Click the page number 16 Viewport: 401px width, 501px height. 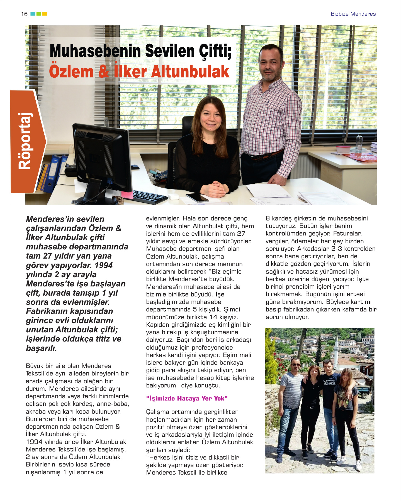click(x=24, y=14)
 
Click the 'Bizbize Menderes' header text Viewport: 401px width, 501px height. click(x=353, y=14)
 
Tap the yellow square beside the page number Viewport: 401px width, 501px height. click(x=45, y=13)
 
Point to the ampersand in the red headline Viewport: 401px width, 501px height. click(x=104, y=72)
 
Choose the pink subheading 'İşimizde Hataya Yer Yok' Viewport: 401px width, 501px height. click(x=187, y=398)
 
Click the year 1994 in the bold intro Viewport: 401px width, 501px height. click(x=103, y=265)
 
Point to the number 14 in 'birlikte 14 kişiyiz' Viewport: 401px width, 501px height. click(x=213, y=317)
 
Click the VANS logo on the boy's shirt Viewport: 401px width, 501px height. click(x=329, y=382)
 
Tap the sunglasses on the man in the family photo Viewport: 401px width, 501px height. click(x=296, y=364)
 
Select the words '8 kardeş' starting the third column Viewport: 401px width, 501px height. click(x=278, y=218)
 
